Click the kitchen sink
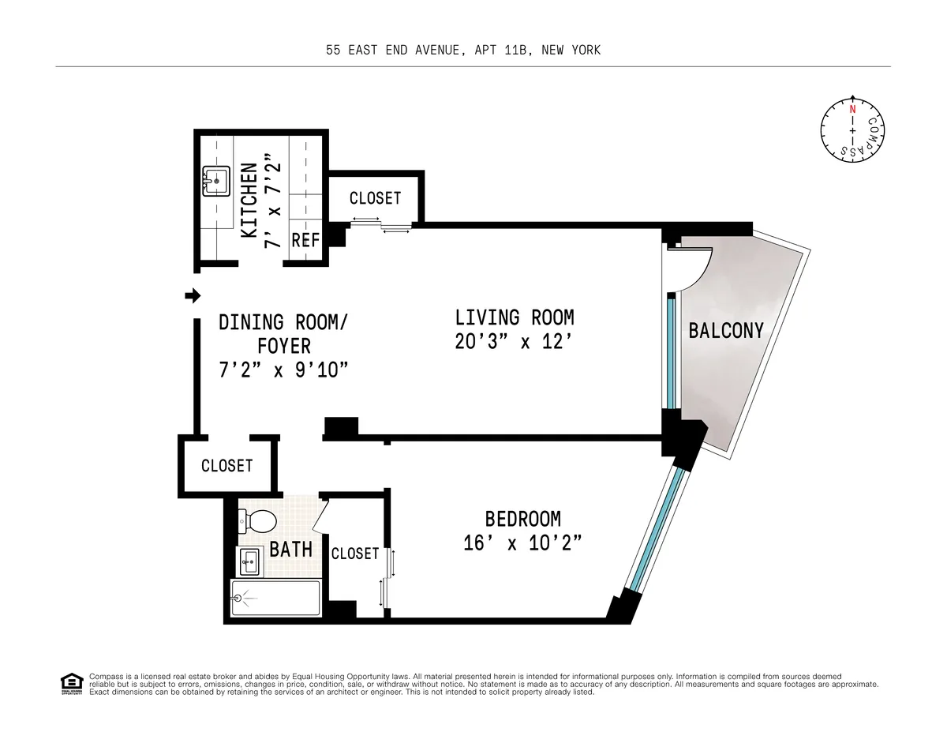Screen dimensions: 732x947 [x=215, y=181]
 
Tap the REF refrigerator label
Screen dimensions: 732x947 [x=305, y=240]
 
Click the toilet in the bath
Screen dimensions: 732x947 [x=259, y=521]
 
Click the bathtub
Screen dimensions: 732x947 [x=275, y=599]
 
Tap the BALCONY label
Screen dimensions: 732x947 [x=726, y=330]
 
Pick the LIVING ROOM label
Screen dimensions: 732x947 [x=515, y=317]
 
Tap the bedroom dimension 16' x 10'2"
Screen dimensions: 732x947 [x=522, y=543]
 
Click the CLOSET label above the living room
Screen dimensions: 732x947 [x=375, y=198]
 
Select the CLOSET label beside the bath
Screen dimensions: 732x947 [x=355, y=554]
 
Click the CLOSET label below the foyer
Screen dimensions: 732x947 [x=227, y=466]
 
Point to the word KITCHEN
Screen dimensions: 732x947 [x=249, y=201]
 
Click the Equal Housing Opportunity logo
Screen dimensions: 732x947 [x=71, y=684]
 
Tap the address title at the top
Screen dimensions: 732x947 [x=463, y=51]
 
